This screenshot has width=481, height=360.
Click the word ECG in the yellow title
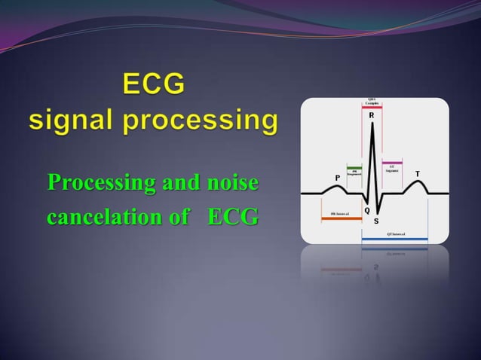154,84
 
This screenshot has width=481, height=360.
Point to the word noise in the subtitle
232,183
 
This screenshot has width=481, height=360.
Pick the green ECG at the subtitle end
234,218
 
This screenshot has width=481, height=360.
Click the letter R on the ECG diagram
372,117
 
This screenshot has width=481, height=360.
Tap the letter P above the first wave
337,177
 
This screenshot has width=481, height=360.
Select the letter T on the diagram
418,174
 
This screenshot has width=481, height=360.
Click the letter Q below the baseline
366,209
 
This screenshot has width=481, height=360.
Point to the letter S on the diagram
376,221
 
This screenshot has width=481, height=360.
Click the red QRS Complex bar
372,108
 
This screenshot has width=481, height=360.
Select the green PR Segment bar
354,166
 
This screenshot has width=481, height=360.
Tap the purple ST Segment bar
392,163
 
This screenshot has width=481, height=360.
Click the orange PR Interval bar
342,218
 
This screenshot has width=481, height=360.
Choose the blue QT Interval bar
394,239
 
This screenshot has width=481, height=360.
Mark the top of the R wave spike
372,124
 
